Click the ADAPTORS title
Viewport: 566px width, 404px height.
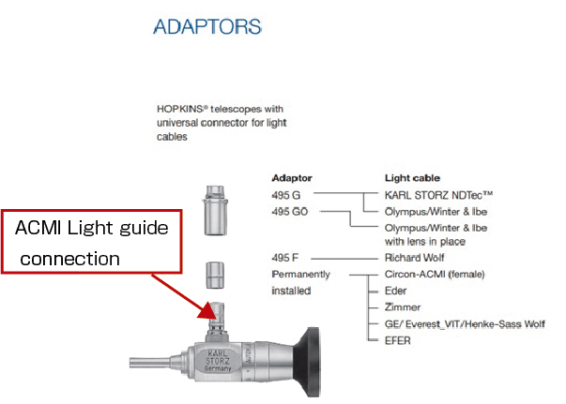point(207,25)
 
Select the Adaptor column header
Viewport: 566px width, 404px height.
point(292,177)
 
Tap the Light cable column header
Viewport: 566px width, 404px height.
point(414,177)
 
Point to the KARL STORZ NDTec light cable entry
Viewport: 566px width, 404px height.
point(439,195)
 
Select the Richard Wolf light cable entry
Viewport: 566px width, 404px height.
point(417,257)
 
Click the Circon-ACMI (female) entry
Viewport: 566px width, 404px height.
point(436,274)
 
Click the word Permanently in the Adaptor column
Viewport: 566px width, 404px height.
point(301,274)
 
